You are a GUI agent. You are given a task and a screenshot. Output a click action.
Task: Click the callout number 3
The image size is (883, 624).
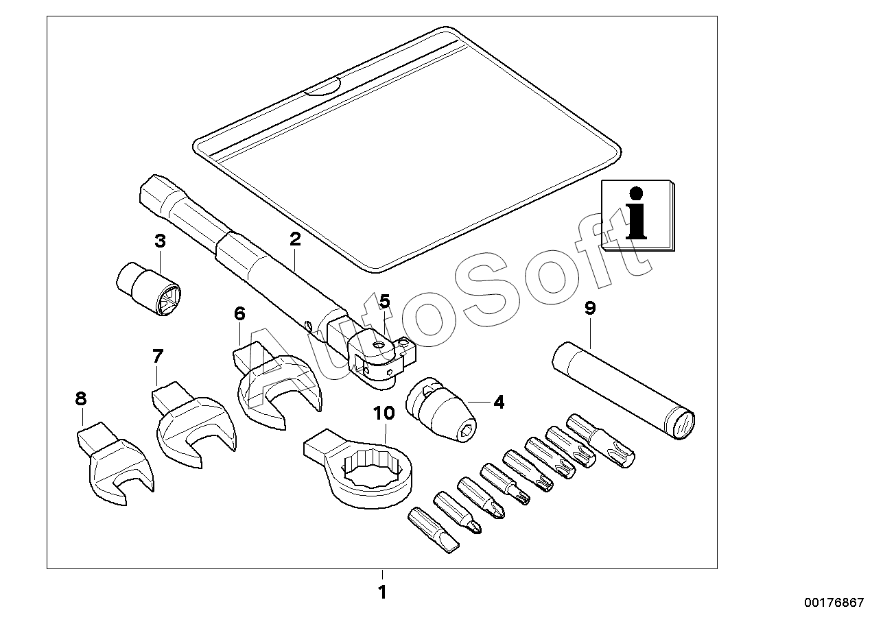160,241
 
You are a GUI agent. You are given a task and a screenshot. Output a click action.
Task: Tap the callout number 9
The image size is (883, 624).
590,309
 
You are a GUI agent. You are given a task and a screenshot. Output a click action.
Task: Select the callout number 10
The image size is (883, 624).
384,413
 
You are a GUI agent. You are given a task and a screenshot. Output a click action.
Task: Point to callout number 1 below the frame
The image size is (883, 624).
382,592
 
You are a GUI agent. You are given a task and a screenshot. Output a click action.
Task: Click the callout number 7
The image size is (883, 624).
158,356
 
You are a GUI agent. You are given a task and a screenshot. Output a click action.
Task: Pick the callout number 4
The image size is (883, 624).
499,403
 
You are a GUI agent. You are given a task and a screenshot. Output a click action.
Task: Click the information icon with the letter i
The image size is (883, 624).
637,215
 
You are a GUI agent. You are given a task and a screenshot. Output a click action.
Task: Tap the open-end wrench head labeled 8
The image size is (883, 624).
115,462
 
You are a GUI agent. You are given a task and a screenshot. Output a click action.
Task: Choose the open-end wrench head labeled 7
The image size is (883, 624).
194,424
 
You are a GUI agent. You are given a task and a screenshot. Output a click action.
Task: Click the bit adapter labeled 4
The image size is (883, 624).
441,409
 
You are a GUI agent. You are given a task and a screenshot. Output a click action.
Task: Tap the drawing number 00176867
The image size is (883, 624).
834,602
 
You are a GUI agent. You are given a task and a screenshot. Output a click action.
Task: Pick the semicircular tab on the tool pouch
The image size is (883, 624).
322,87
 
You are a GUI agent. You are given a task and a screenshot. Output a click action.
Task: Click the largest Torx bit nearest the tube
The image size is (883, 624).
600,440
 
